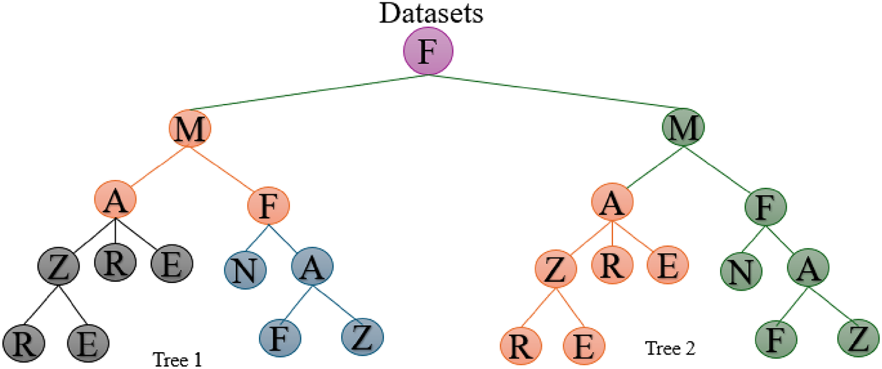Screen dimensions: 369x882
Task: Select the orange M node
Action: [x=190, y=129]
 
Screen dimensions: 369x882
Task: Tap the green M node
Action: [x=683, y=128]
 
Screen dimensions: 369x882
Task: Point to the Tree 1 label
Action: [x=178, y=358]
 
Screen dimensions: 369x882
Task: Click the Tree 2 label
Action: [x=670, y=348]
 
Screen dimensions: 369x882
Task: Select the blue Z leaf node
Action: [x=362, y=337]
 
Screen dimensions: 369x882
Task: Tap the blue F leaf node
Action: [x=280, y=337]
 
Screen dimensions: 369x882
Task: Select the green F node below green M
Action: [x=765, y=206]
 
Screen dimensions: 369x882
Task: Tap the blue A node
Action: [x=312, y=267]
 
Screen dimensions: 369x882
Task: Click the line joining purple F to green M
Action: [x=554, y=101]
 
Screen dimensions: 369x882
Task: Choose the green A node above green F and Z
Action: [x=807, y=268]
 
